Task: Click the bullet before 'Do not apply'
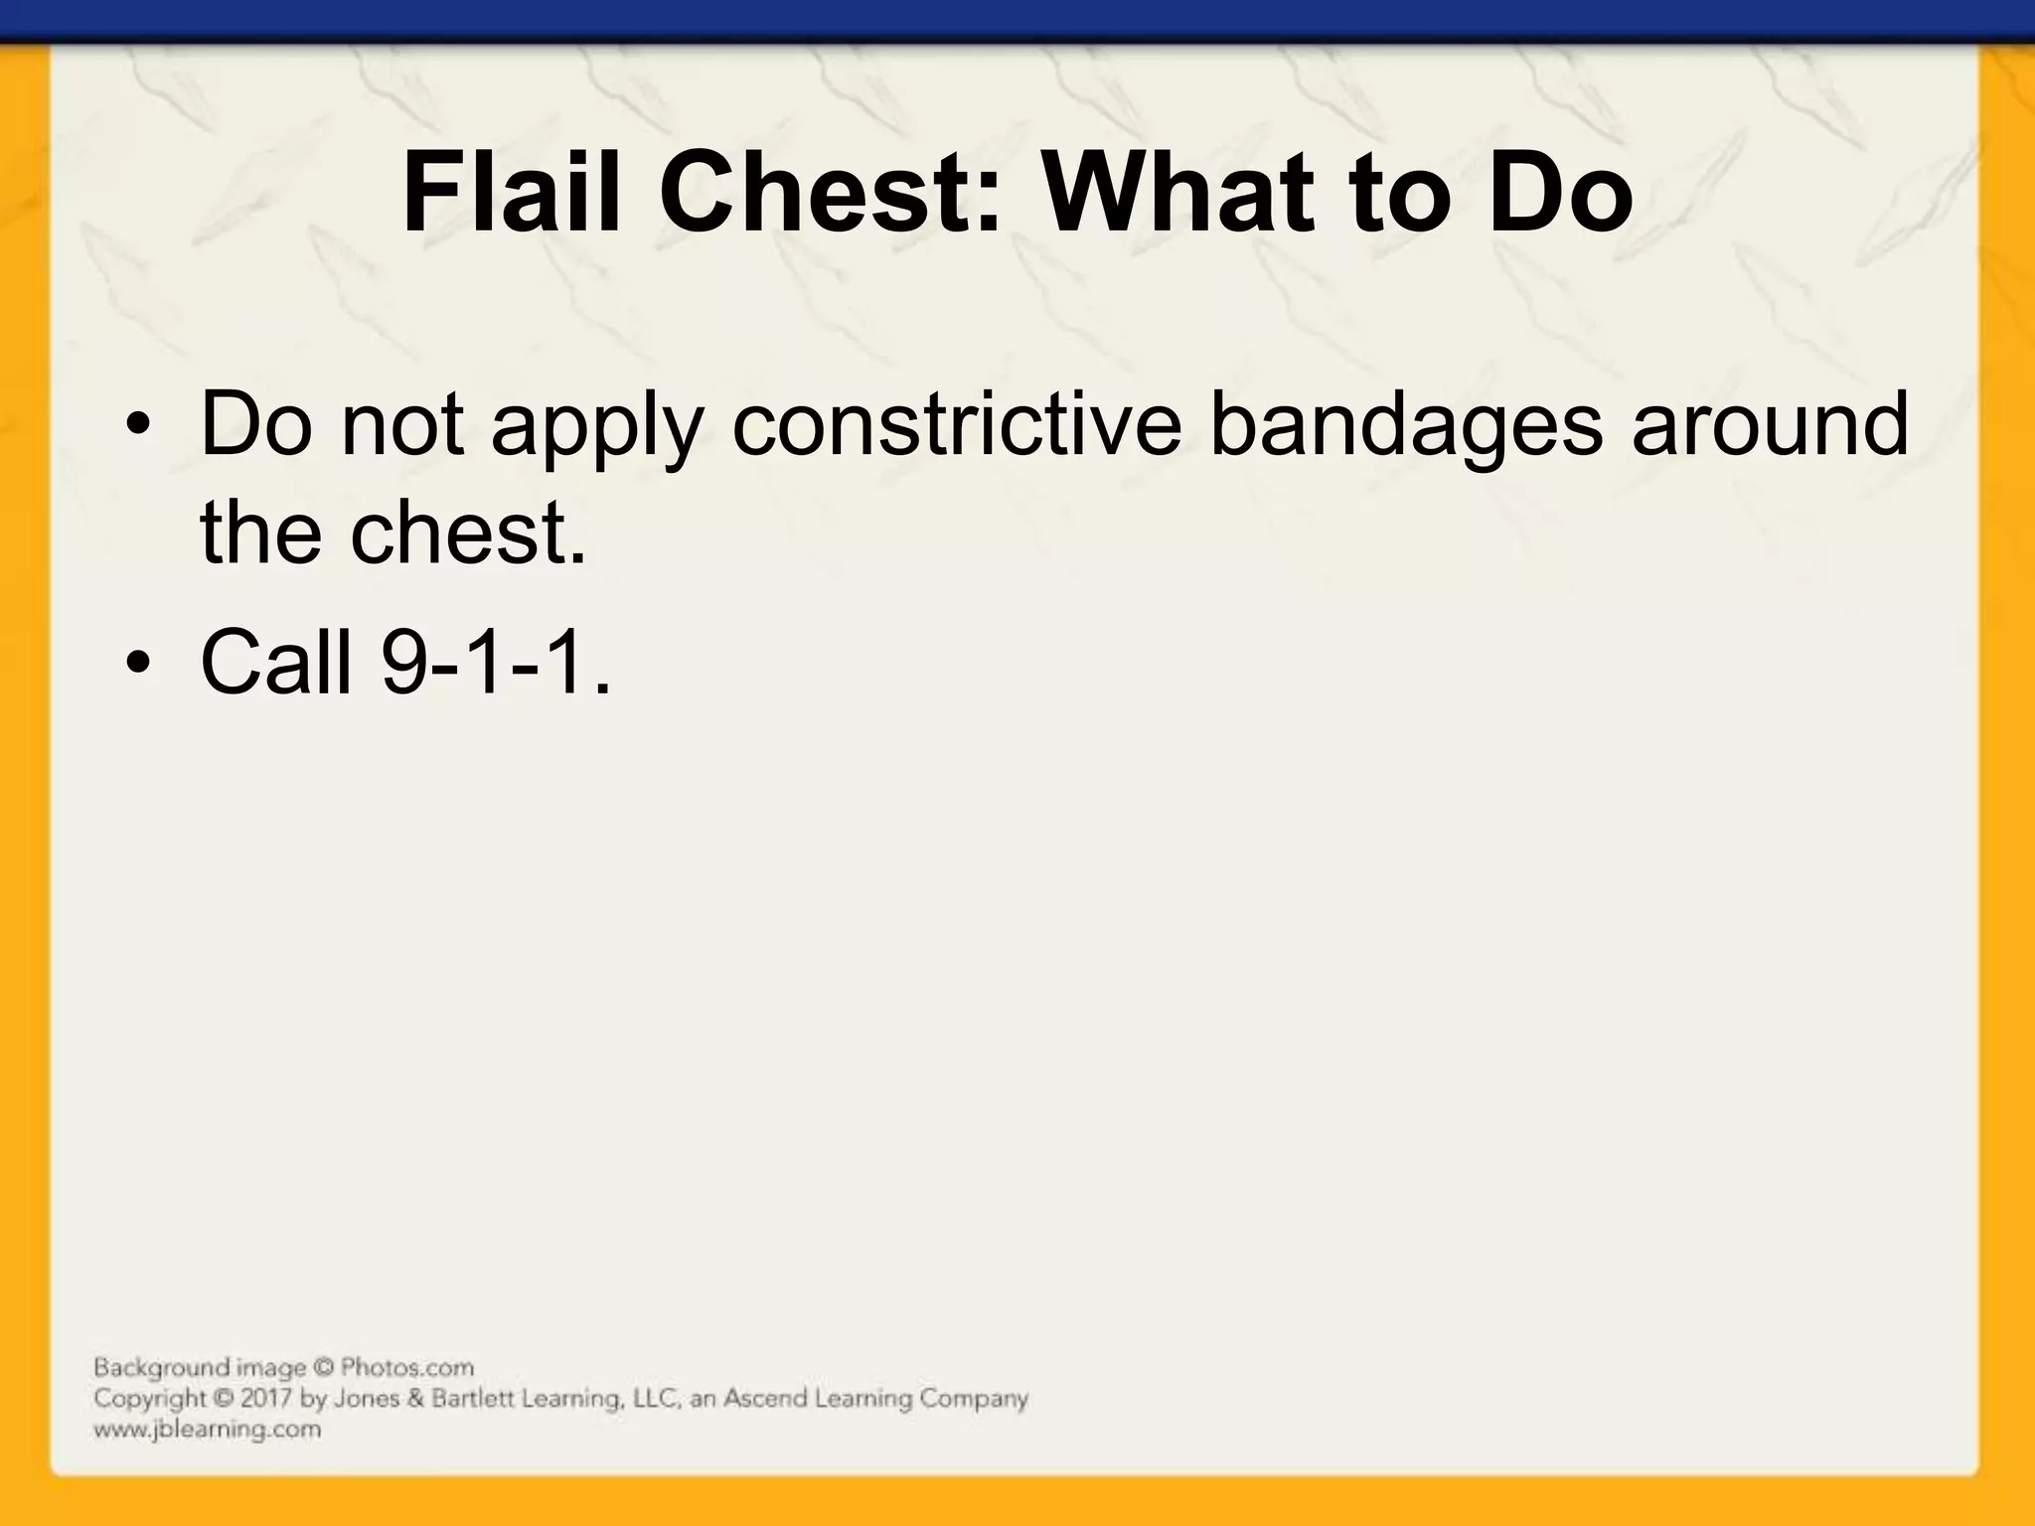(140, 428)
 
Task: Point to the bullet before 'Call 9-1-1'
(140, 663)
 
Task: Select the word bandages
(1406, 425)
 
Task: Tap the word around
(1770, 425)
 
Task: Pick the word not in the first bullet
(402, 425)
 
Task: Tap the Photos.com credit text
(407, 1368)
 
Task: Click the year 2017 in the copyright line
(267, 1399)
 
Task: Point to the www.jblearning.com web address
(208, 1430)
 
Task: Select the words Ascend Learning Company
(875, 1399)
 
